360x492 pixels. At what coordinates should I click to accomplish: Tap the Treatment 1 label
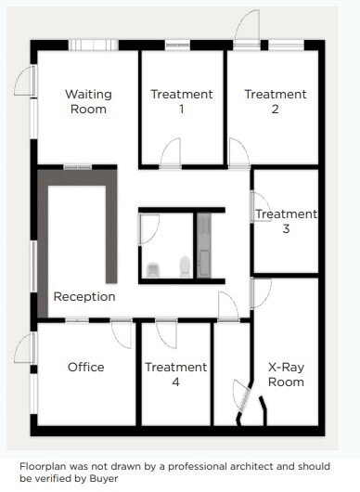(181, 101)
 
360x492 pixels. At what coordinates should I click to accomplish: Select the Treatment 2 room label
(275, 101)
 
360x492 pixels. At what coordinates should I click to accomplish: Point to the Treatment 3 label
(286, 221)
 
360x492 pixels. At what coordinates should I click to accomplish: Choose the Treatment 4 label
(175, 374)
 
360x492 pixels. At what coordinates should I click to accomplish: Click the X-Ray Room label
(286, 374)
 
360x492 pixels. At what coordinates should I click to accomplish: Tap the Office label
(85, 367)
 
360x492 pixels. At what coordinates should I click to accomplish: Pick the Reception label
(84, 297)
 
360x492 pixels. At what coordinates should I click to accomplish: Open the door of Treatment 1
(171, 154)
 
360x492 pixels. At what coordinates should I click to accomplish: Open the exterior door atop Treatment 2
(246, 28)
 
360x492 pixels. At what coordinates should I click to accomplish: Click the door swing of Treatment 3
(261, 206)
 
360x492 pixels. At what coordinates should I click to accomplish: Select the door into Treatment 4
(167, 332)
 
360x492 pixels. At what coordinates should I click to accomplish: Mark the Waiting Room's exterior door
(29, 82)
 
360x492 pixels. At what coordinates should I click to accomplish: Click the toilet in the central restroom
(153, 269)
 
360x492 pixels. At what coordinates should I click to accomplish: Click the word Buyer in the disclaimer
(107, 480)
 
